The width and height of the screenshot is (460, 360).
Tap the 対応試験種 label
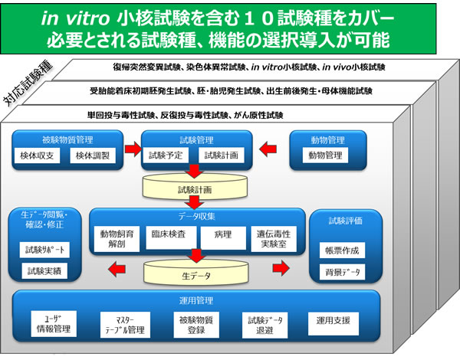(31, 83)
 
